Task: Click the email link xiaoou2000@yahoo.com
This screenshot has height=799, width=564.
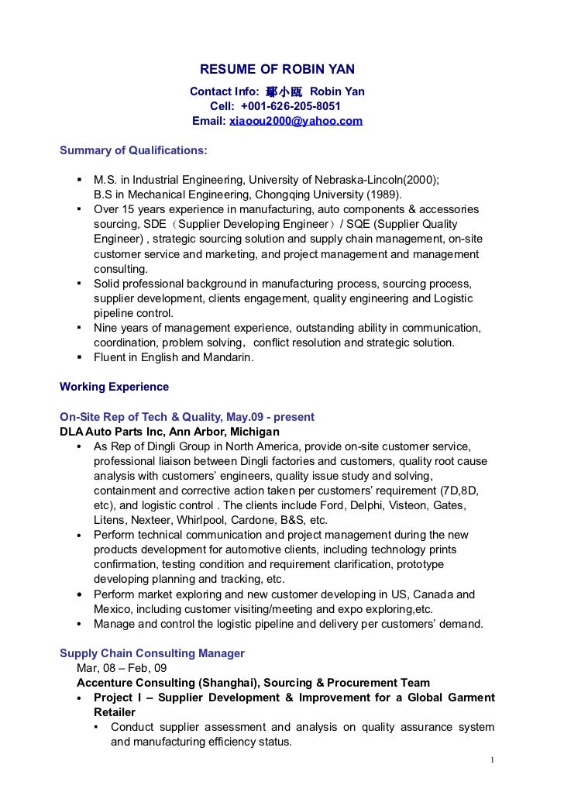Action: pos(296,122)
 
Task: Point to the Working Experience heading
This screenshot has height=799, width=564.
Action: pos(114,386)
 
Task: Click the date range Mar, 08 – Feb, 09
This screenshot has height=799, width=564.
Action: pos(121,668)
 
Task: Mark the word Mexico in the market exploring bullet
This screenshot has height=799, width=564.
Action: pos(112,609)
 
